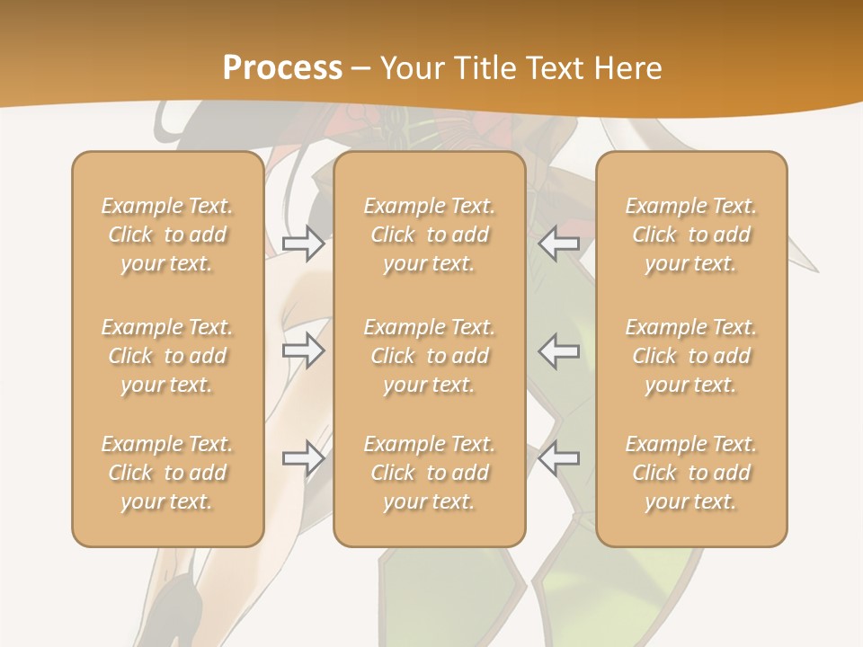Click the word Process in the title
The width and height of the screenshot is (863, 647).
(282, 68)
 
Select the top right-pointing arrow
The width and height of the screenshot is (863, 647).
(303, 243)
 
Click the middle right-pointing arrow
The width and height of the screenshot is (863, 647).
(303, 350)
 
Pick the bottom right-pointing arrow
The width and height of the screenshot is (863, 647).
(303, 458)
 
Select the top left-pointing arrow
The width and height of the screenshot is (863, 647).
(559, 243)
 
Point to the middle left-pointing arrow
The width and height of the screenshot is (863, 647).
(559, 350)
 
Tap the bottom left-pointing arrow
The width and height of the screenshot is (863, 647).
(559, 458)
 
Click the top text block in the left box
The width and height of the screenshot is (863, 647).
(167, 235)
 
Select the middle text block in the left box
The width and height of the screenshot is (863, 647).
(167, 356)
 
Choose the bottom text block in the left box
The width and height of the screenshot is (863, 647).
(167, 473)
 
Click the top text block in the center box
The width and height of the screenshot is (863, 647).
(429, 235)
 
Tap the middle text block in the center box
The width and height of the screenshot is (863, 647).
(429, 356)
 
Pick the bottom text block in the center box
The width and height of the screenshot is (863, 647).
(429, 473)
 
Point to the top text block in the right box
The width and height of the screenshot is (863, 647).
(690, 235)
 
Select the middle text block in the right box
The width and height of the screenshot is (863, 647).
(690, 356)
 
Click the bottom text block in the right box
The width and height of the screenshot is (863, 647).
(690, 473)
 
